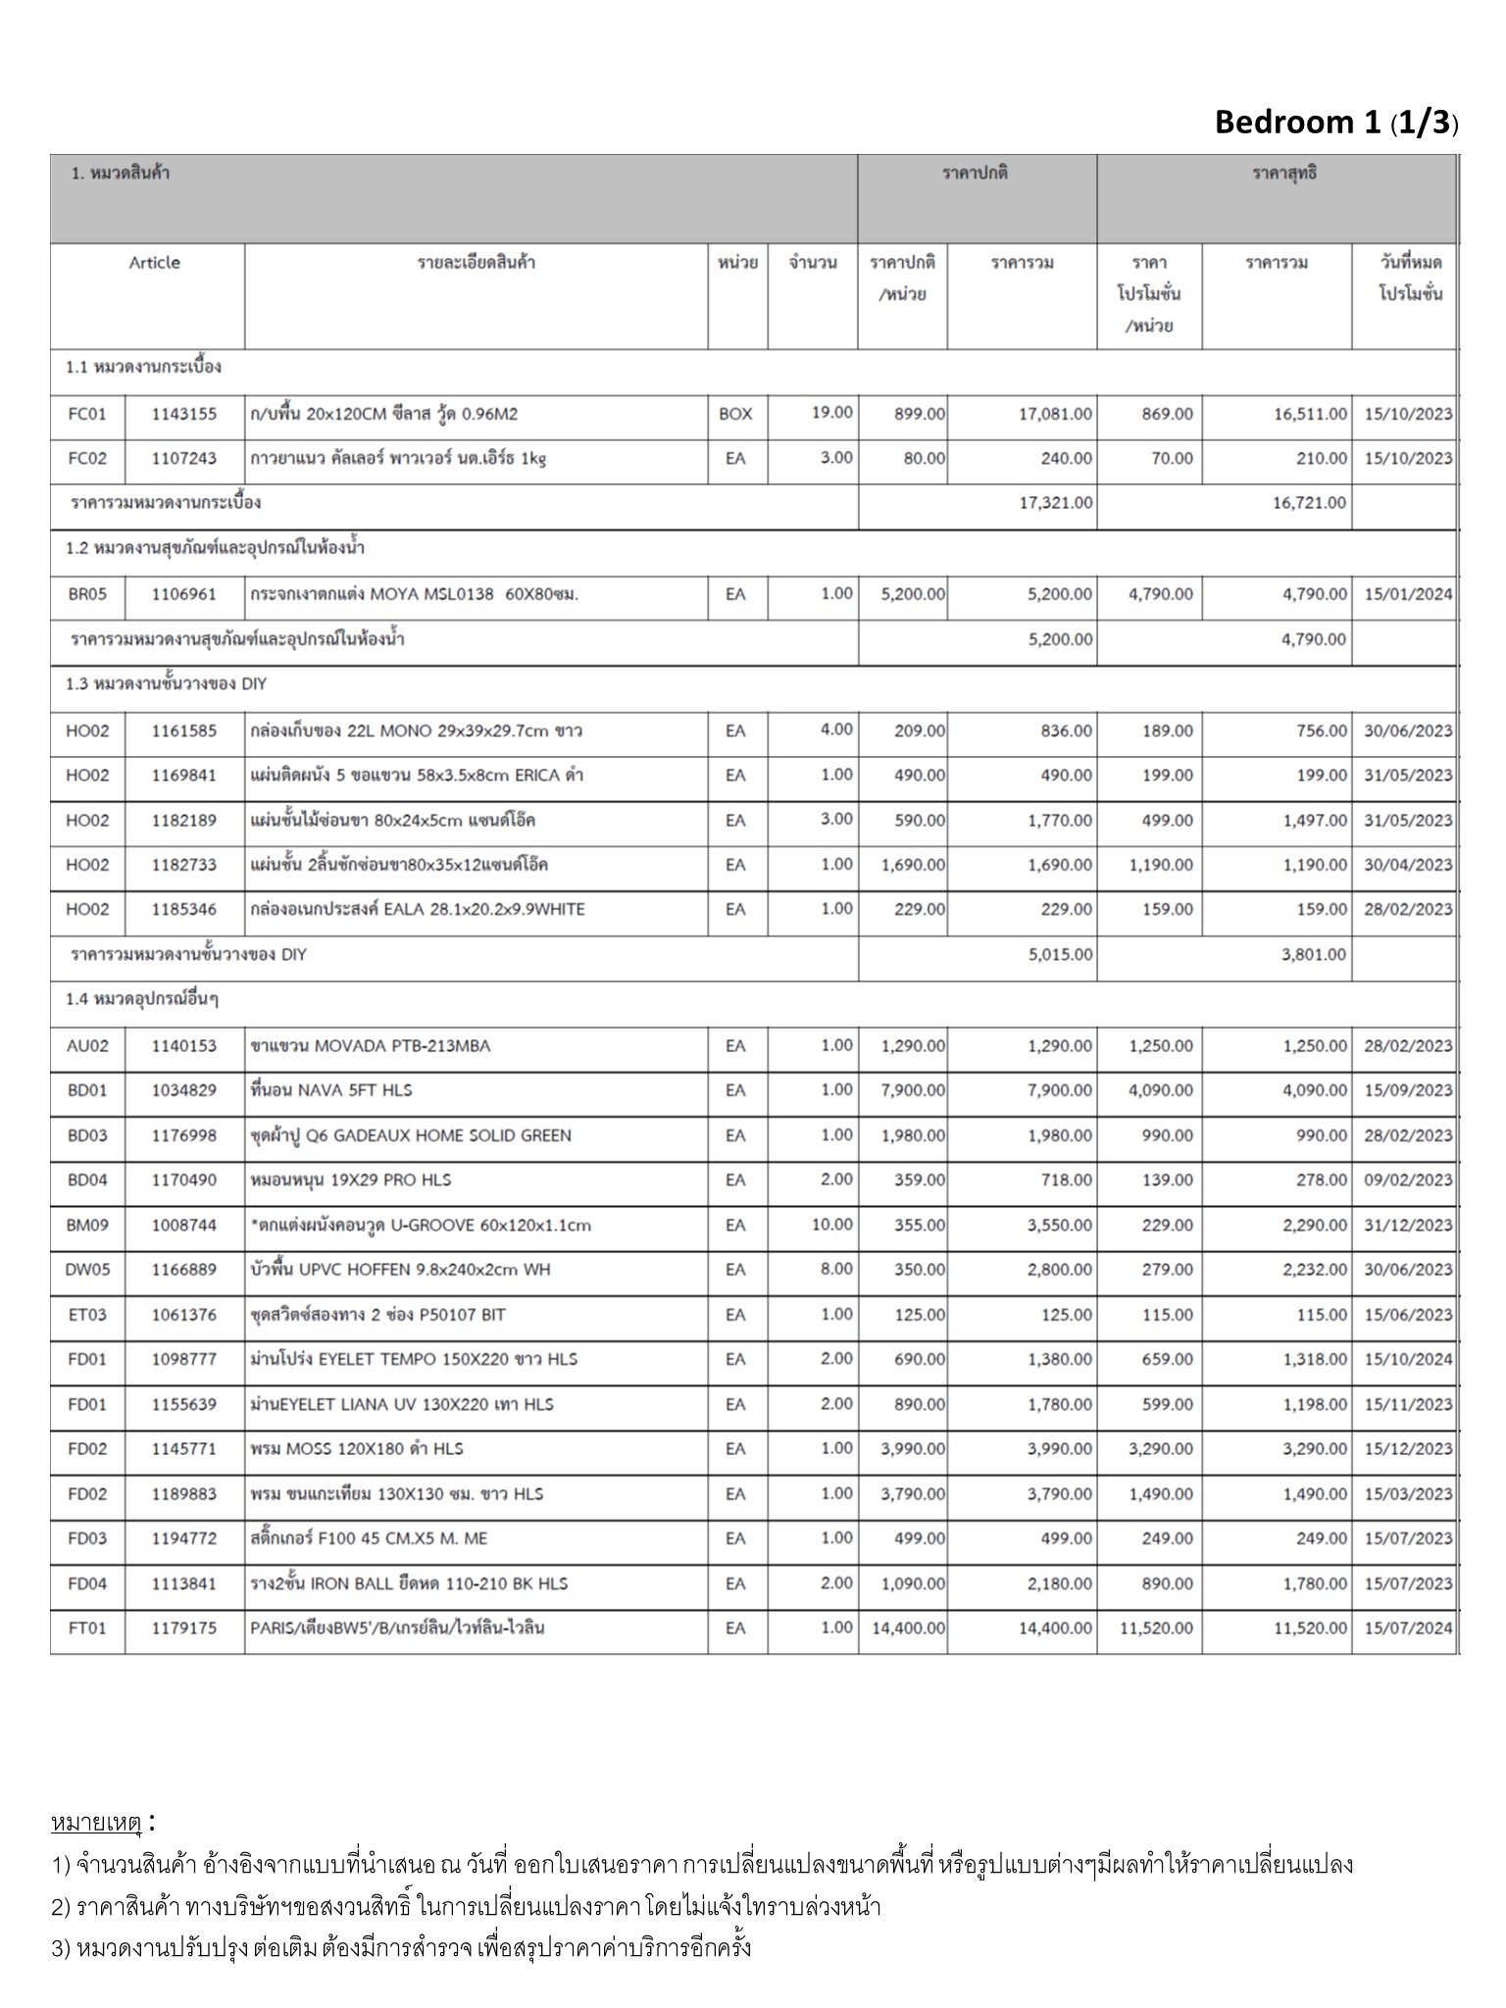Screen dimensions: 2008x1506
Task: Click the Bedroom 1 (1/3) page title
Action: pyautogui.click(x=1335, y=123)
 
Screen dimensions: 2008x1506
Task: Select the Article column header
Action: pyautogui.click(x=154, y=263)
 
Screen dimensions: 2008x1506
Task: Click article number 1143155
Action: pyautogui.click(x=183, y=415)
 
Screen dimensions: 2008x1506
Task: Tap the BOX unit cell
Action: pyautogui.click(x=735, y=415)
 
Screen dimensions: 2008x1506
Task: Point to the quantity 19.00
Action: pyautogui.click(x=831, y=413)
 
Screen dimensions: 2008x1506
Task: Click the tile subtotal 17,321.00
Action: pyautogui.click(x=1055, y=503)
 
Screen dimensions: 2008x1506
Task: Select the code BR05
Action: pyautogui.click(x=86, y=594)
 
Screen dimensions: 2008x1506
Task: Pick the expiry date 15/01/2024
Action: pyautogui.click(x=1408, y=594)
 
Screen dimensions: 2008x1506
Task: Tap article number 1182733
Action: pyautogui.click(x=183, y=865)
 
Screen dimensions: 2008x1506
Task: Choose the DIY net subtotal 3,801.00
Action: pyautogui.click(x=1314, y=954)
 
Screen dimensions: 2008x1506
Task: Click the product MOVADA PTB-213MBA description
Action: pyautogui.click(x=370, y=1046)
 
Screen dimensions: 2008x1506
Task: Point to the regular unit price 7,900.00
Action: pyautogui.click(x=913, y=1090)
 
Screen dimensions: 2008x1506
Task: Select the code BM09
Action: pyautogui.click(x=86, y=1225)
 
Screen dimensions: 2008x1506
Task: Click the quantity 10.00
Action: pyautogui.click(x=831, y=1225)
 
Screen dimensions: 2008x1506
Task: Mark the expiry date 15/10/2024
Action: pyautogui.click(x=1408, y=1359)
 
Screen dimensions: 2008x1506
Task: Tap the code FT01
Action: pyautogui.click(x=86, y=1628)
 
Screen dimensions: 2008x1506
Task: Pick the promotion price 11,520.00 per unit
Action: pyautogui.click(x=1157, y=1628)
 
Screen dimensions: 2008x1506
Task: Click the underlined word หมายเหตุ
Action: pyautogui.click(x=96, y=1824)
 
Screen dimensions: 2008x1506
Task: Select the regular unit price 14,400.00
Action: pyautogui.click(x=908, y=1628)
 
